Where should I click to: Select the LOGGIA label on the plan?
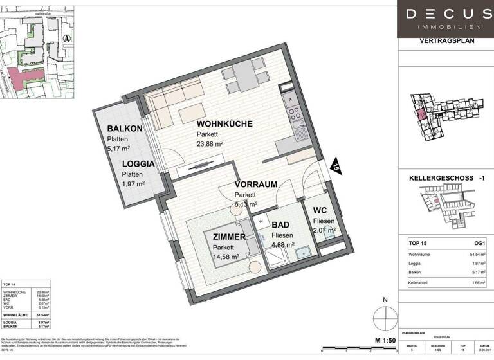point(138,163)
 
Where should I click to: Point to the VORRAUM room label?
point(255,184)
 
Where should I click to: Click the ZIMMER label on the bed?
point(229,237)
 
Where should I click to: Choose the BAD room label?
point(280,226)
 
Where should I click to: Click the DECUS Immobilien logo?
point(444,19)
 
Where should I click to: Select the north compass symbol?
point(385,317)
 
